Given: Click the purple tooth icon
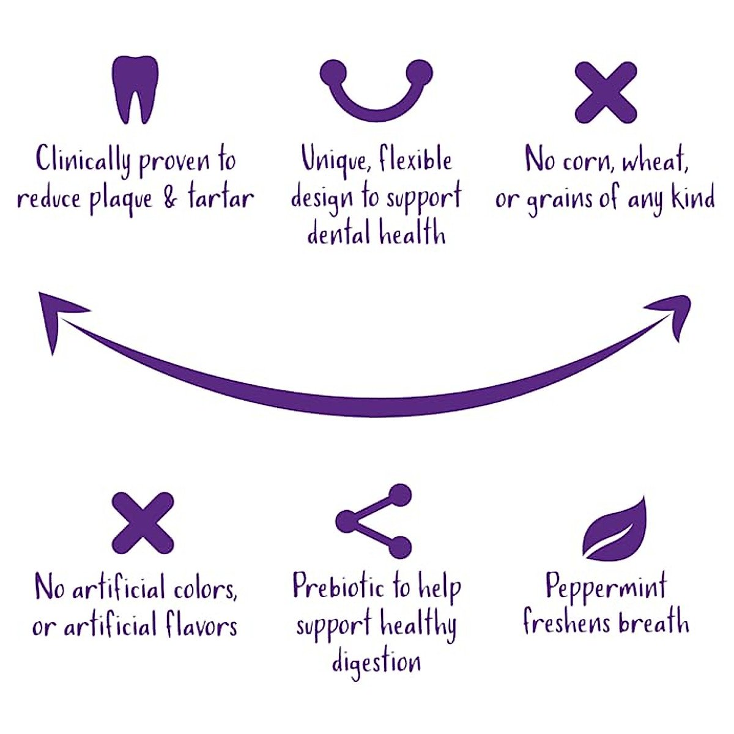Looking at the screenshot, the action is tap(135, 89).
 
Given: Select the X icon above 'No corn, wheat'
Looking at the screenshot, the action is tap(606, 92).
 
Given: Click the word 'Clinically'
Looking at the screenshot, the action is tap(83, 160).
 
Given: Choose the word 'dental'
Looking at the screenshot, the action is tap(339, 233).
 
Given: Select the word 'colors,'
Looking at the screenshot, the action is tap(205, 589).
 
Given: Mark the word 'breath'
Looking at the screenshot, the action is tap(654, 623).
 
